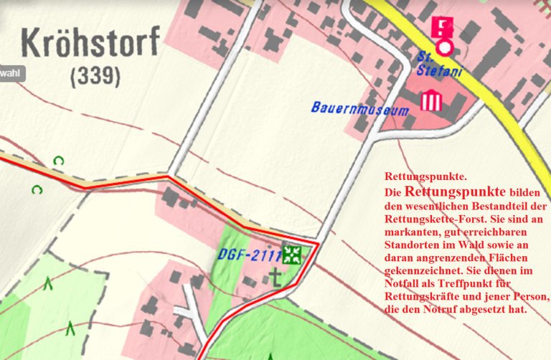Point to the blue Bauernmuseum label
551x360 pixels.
coord(359,109)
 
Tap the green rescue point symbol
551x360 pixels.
coord(291,254)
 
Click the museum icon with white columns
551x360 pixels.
coord(430,100)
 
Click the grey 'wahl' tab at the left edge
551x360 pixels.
coord(11,73)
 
